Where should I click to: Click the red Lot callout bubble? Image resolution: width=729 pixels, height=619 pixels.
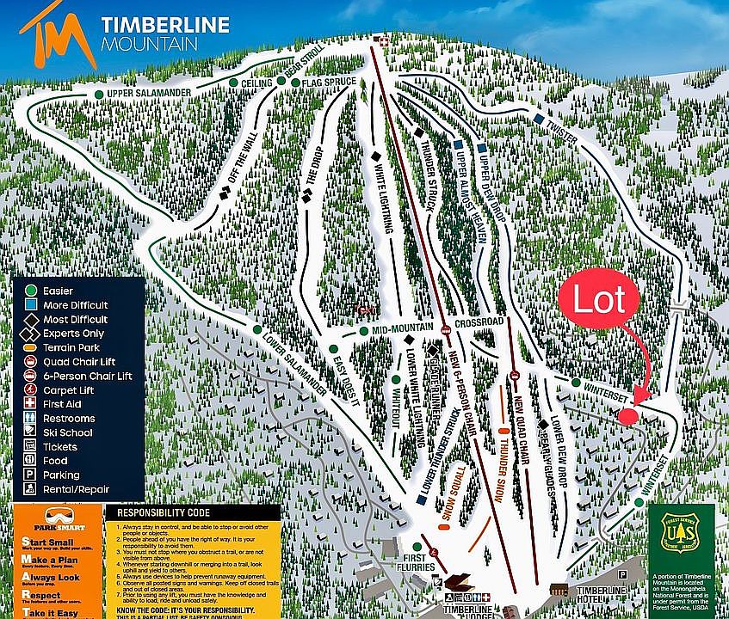599,301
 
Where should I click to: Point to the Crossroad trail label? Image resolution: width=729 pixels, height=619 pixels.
479,322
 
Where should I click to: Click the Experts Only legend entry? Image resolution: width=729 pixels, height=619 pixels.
72,334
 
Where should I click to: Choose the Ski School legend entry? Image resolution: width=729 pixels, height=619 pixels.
67,432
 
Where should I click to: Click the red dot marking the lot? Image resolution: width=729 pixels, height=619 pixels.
627,415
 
